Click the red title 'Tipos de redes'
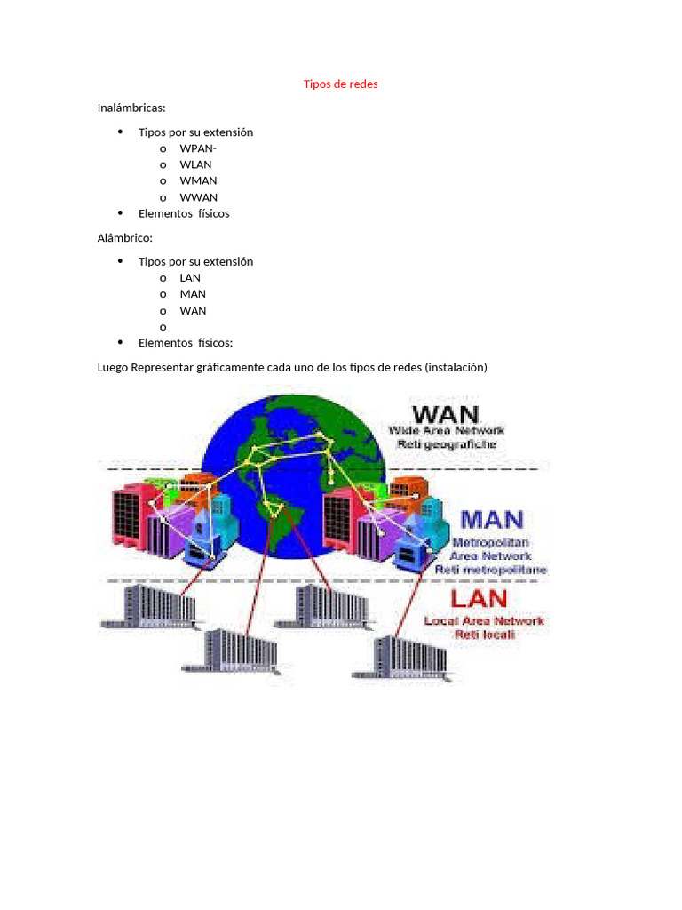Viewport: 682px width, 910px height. pyautogui.click(x=340, y=84)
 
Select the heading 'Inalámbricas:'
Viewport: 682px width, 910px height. pyautogui.click(x=131, y=108)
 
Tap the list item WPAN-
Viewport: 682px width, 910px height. pyautogui.click(x=198, y=148)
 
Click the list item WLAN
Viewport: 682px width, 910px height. pyautogui.click(x=195, y=164)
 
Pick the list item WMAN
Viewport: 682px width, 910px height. pyautogui.click(x=198, y=181)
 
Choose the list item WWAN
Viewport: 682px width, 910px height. pyautogui.click(x=198, y=198)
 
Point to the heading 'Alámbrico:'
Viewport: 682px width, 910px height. pyautogui.click(x=124, y=238)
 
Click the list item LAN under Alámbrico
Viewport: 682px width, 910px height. pyautogui.click(x=190, y=278)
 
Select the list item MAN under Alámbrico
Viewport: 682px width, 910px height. pyautogui.click(x=193, y=294)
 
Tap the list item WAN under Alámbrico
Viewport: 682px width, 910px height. pyautogui.click(x=193, y=311)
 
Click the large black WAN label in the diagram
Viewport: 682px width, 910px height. pyautogui.click(x=446, y=414)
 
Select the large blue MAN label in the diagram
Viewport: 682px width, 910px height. pyautogui.click(x=492, y=519)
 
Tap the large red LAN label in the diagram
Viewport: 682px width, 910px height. pyautogui.click(x=479, y=598)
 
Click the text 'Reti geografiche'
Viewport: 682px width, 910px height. pyautogui.click(x=446, y=444)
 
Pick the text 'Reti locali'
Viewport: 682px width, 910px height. pyautogui.click(x=484, y=635)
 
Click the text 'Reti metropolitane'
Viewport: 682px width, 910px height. pyautogui.click(x=490, y=570)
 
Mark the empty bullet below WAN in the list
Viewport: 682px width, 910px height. pyautogui.click(x=163, y=328)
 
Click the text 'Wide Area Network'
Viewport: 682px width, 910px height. pyautogui.click(x=446, y=431)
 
